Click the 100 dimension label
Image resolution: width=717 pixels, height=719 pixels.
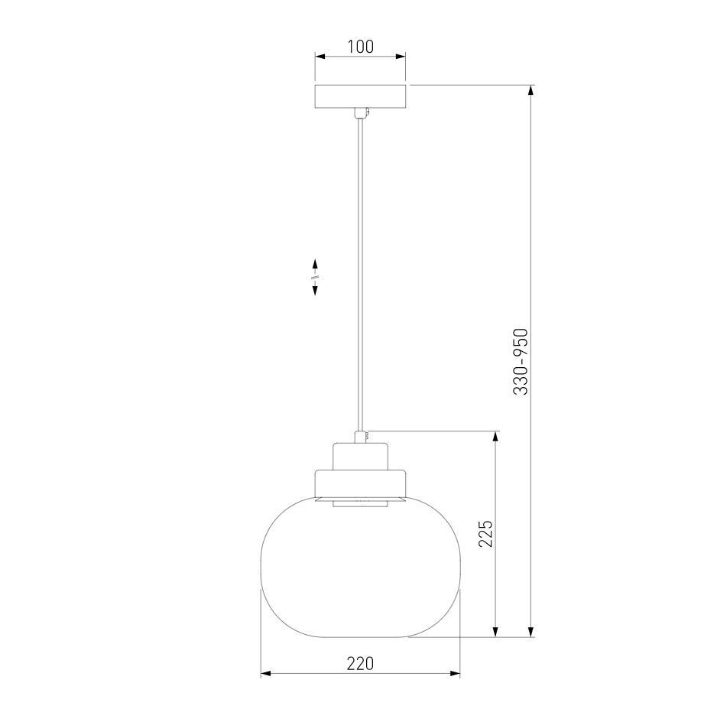(x=361, y=47)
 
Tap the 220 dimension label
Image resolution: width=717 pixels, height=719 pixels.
(x=360, y=663)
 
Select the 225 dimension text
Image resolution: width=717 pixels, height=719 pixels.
(x=485, y=533)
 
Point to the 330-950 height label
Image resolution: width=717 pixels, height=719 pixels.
(x=521, y=361)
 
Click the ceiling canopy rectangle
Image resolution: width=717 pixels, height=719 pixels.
(x=360, y=96)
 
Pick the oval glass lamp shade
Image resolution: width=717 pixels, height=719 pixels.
(x=360, y=566)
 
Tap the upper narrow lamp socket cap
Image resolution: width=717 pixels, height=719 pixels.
(x=360, y=456)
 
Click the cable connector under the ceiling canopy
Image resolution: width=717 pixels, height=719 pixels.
(x=361, y=112)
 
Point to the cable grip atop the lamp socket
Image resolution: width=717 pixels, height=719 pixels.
(x=361, y=437)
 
